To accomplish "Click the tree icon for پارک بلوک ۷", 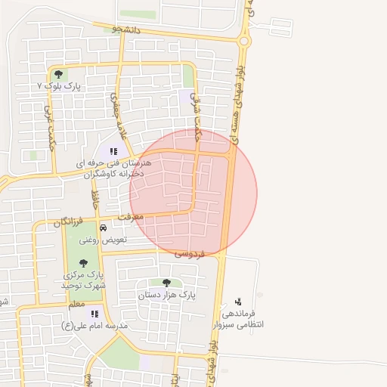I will pyautogui.click(x=58, y=74).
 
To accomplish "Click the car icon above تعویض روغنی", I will pyautogui.click(x=104, y=227).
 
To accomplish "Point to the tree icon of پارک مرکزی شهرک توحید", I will pyautogui.click(x=83, y=262).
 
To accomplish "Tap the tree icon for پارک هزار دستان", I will pyautogui.click(x=166, y=283).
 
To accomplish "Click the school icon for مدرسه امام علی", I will pyautogui.click(x=94, y=313).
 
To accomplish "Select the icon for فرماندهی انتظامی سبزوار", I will pyautogui.click(x=240, y=300).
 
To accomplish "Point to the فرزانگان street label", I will pyautogui.click(x=69, y=223).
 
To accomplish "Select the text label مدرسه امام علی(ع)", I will pyautogui.click(x=95, y=326).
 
